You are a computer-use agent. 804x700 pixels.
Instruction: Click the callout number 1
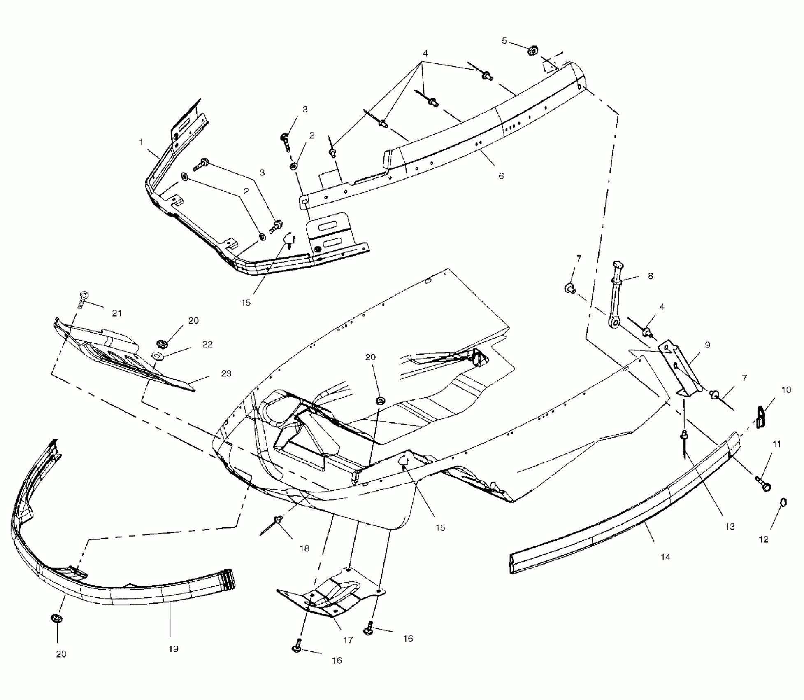141,142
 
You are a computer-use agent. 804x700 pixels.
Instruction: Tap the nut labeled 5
533,51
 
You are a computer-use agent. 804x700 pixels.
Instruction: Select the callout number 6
501,176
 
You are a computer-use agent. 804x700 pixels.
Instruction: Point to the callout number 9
707,345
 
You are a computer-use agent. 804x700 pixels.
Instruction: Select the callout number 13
730,526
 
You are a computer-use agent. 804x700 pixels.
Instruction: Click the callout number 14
665,557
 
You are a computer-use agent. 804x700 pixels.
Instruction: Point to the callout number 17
348,640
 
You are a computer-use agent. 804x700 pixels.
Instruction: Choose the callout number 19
173,649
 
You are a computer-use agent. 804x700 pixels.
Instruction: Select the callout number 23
226,373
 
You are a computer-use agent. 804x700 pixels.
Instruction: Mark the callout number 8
650,276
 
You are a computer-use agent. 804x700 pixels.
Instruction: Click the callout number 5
504,41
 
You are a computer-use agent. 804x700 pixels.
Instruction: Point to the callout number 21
117,313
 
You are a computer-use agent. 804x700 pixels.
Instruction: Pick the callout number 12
764,539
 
